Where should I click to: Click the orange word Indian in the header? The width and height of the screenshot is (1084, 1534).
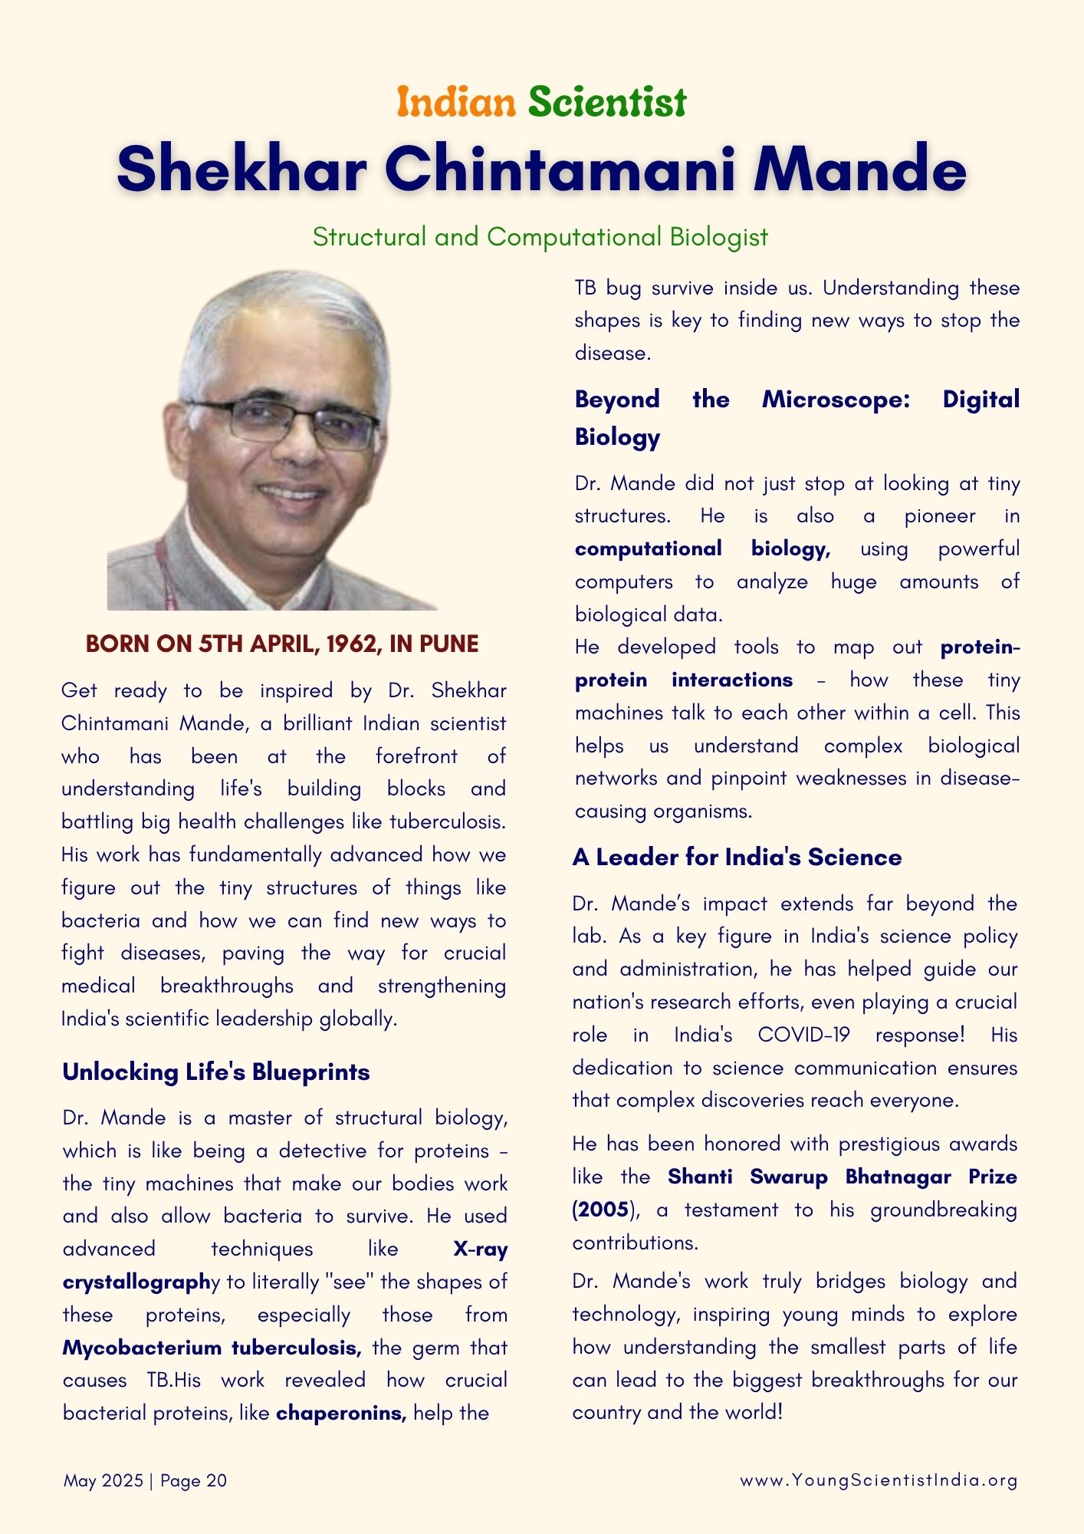click(x=456, y=102)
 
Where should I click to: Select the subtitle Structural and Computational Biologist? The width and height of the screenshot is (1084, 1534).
click(x=540, y=236)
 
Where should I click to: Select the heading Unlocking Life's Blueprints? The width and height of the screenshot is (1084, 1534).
click(x=216, y=1071)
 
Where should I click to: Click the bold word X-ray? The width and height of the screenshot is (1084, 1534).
click(x=480, y=1249)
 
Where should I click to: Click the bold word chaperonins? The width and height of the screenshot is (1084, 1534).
click(x=340, y=1413)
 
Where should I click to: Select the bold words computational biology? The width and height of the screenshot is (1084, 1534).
click(x=701, y=548)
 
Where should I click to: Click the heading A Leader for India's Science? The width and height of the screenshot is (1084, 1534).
click(x=737, y=857)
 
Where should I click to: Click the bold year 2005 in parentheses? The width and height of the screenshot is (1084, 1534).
click(x=602, y=1210)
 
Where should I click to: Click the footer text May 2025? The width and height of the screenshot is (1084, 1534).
click(x=103, y=1480)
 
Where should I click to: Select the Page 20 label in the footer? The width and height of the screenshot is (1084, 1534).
click(x=193, y=1480)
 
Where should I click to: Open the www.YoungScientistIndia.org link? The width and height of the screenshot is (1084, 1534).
click(x=879, y=1480)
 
